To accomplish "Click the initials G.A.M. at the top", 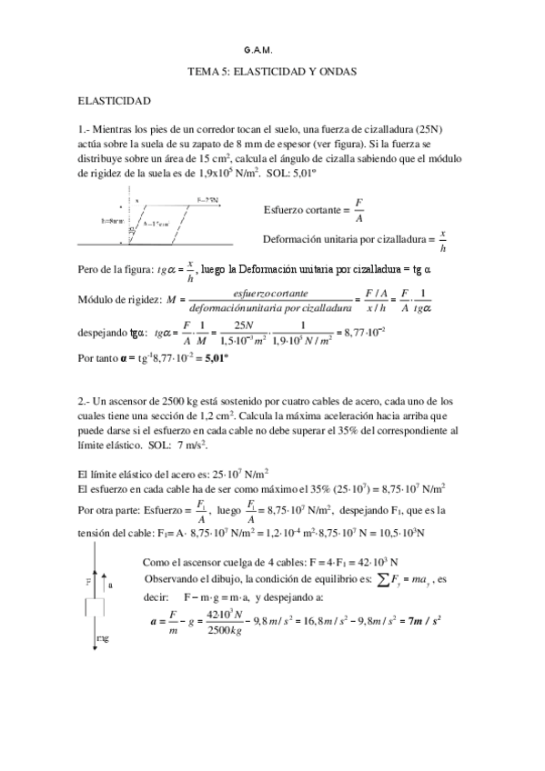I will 258,51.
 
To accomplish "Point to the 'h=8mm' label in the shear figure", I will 116,221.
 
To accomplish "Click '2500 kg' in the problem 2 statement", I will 185,401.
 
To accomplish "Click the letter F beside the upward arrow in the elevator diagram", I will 87,578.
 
